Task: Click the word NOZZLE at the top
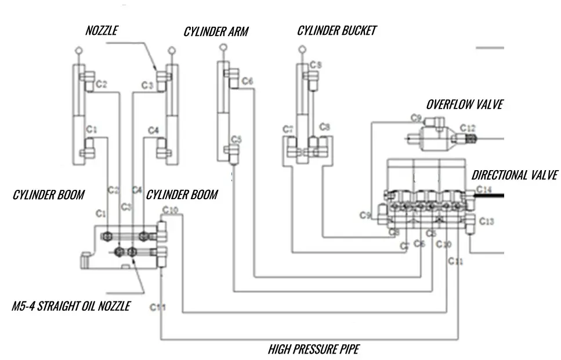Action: click(102, 31)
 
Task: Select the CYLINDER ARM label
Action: click(216, 31)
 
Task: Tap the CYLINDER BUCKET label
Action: click(336, 31)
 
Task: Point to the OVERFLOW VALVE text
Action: click(464, 105)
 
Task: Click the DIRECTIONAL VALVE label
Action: click(515, 175)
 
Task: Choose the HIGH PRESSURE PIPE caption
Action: click(313, 349)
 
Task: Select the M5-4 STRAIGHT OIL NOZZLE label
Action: click(71, 306)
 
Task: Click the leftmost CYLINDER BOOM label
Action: click(49, 195)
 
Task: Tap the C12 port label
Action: click(468, 128)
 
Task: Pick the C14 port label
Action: click(483, 189)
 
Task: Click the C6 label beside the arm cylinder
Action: click(247, 81)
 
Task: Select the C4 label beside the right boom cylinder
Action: click(153, 130)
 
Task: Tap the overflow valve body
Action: click(432, 138)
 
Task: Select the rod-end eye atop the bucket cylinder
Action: click(301, 51)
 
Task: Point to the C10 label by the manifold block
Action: click(171, 210)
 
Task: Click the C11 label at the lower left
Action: click(158, 307)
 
